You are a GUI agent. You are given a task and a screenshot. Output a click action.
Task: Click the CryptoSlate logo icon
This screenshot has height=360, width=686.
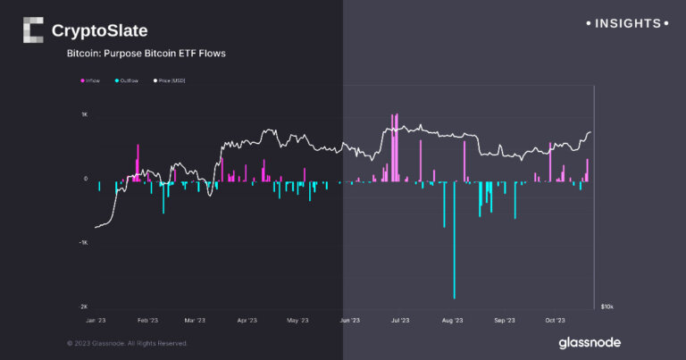[32, 30]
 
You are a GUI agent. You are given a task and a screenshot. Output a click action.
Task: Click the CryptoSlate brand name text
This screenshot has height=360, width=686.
[99, 31]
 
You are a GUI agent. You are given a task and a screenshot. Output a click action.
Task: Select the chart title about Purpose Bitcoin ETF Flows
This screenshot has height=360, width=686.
[146, 54]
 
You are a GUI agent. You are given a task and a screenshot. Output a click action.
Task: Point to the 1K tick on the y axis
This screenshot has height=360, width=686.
[84, 115]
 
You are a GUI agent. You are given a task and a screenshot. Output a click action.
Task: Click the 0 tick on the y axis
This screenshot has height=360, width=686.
[85, 179]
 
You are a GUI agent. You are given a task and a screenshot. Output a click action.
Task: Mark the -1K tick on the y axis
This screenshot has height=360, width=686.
[83, 243]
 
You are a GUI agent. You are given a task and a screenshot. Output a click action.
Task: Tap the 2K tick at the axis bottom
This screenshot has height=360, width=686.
[84, 306]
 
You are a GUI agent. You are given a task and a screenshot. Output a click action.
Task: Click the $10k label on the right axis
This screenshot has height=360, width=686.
[607, 306]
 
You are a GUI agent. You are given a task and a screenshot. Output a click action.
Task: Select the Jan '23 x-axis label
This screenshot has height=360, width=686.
[95, 320]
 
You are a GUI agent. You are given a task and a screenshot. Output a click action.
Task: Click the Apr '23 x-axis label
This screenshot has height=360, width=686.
[247, 320]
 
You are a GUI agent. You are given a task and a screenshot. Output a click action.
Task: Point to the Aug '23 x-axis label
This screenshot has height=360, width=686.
[453, 320]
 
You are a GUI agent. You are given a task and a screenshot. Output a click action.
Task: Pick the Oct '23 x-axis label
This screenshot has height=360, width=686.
[556, 320]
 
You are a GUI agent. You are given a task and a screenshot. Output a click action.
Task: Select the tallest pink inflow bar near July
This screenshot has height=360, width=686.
[393, 147]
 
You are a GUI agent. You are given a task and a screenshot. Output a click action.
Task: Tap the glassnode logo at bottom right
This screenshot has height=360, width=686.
[590, 342]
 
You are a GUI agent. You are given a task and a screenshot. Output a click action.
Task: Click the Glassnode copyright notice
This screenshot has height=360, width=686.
[128, 343]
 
